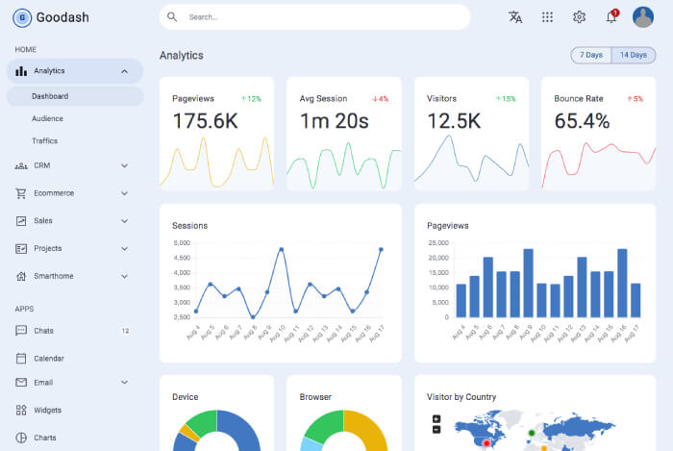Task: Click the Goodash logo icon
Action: click(22, 17)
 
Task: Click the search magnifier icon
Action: click(172, 17)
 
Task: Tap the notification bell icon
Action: click(611, 17)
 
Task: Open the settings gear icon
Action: click(579, 17)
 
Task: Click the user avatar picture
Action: click(642, 17)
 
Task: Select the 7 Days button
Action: click(591, 55)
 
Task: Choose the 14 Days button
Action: click(633, 55)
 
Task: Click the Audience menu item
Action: click(47, 118)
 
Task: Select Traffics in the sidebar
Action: click(44, 140)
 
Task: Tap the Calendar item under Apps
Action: click(48, 359)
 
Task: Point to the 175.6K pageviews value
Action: click(205, 121)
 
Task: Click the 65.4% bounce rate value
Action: click(582, 121)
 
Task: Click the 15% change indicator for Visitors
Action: click(505, 99)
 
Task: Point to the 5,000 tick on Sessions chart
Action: click(181, 243)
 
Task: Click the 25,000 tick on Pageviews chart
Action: click(437, 243)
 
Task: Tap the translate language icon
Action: click(515, 17)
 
